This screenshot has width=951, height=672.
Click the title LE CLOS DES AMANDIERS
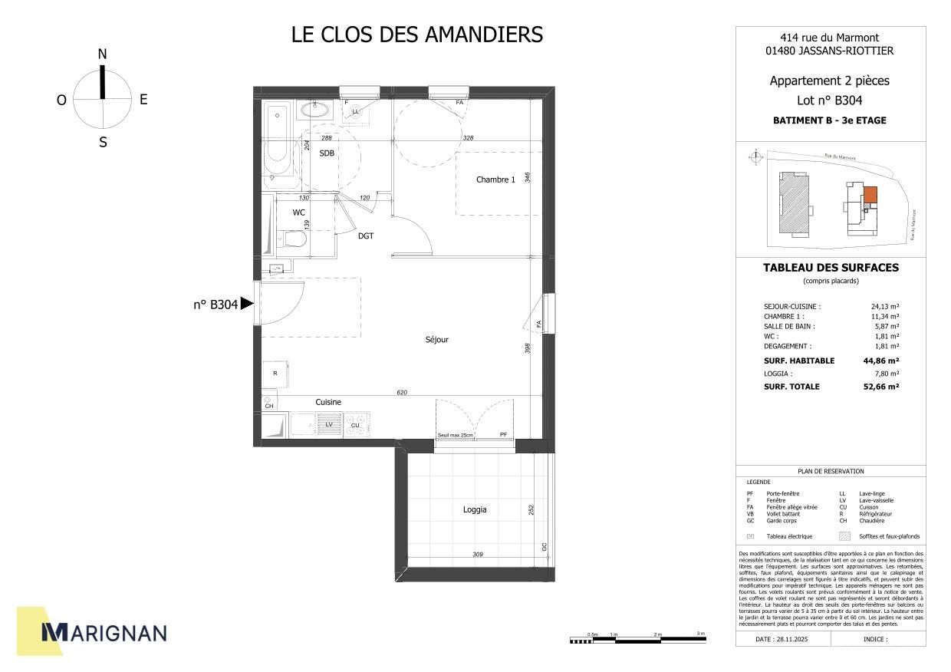tap(417, 35)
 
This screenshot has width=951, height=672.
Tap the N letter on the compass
tap(102, 54)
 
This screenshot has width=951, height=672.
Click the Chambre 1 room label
tap(495, 180)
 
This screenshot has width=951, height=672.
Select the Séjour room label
tap(437, 340)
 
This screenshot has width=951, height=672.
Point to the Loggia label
tap(475, 510)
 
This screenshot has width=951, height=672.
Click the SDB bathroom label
tap(327, 153)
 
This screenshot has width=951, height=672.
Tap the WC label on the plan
tap(299, 212)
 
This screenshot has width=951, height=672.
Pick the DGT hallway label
tap(366, 236)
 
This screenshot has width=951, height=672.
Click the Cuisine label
tap(328, 402)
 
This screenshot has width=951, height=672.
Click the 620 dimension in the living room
tap(402, 393)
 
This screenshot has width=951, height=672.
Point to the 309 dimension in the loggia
tap(477, 554)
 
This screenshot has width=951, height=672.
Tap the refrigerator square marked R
tap(275, 374)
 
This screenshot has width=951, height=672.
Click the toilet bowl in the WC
tap(294, 240)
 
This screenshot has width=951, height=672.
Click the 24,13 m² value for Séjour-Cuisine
tap(885, 306)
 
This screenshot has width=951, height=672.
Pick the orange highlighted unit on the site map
tap(870, 194)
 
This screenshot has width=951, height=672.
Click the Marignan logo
tap(103, 632)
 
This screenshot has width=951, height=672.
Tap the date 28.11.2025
tap(782, 638)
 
